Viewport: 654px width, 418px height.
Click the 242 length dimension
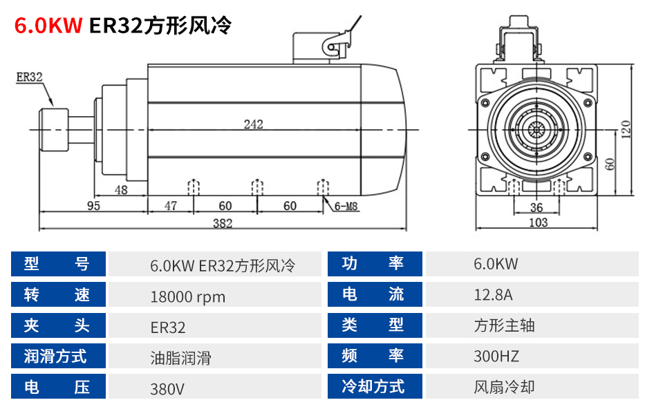pos(253,124)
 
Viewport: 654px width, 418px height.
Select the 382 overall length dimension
pos(223,223)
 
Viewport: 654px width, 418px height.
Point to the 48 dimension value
pos(121,191)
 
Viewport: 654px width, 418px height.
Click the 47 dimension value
pos(171,206)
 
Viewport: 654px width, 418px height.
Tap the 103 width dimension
pos(538,222)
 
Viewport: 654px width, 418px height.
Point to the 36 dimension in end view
pos(536,207)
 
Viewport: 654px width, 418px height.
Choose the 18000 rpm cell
pos(187,297)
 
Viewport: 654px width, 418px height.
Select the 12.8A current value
pos(493,295)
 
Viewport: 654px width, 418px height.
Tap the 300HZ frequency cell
pos(496,357)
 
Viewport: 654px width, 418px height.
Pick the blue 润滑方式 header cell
pos(58,357)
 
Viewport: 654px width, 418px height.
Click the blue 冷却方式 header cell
pos(373,387)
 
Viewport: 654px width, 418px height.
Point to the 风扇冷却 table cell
pos(504,387)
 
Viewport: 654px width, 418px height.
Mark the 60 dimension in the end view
pos(610,164)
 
